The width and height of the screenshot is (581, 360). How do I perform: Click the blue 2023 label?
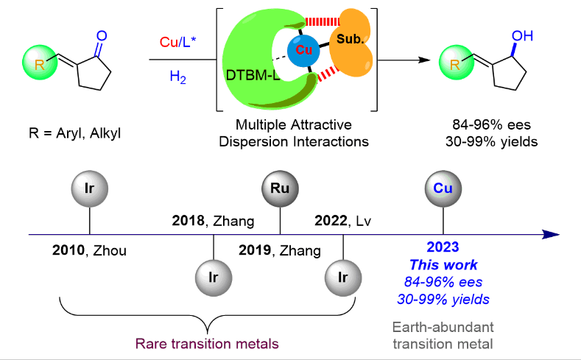(x=442, y=250)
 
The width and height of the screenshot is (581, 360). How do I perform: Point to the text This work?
(x=442, y=265)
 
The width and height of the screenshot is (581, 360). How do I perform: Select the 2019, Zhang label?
(x=280, y=250)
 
